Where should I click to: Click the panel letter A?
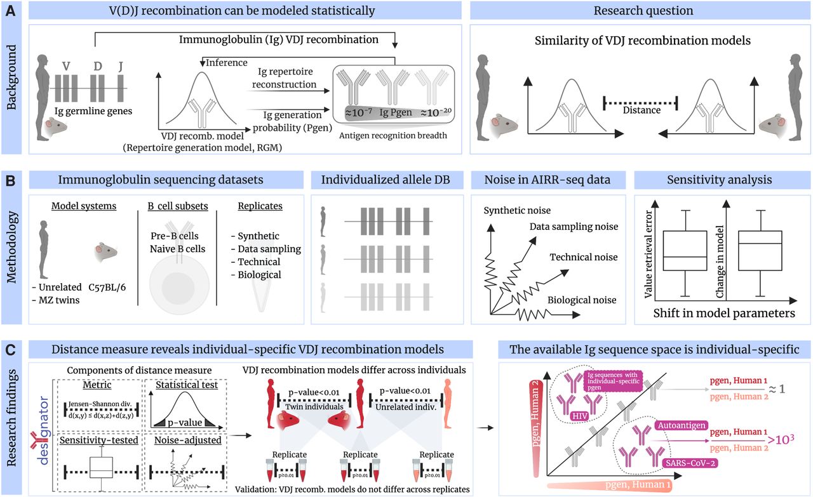(11, 10)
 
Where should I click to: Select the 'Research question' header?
(639, 10)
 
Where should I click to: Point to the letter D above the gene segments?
(97, 65)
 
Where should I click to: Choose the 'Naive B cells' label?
(178, 249)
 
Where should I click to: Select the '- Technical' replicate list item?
(255, 262)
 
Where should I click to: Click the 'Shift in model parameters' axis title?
(724, 313)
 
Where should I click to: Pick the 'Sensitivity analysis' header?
(720, 180)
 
